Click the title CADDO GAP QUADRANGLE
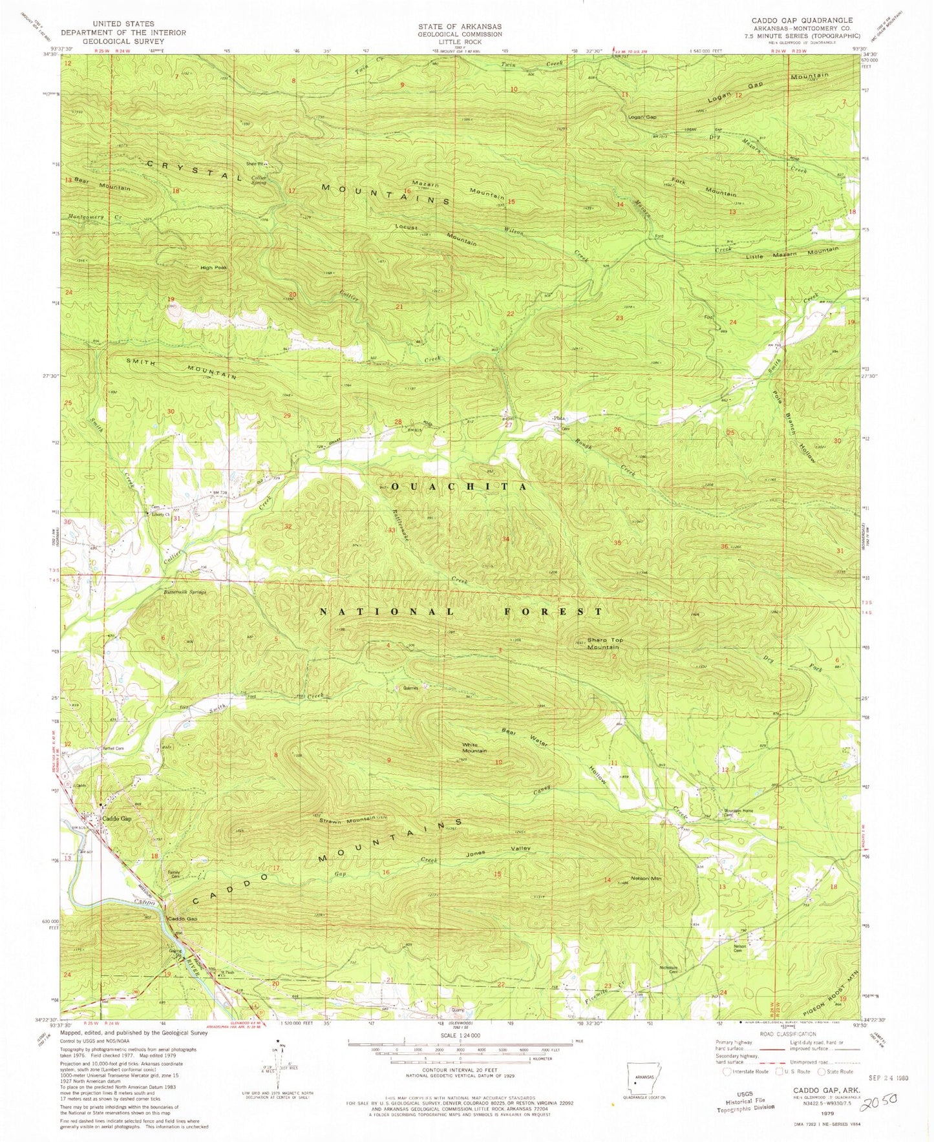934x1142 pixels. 801,20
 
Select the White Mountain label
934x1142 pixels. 474,748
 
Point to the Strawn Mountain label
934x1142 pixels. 347,819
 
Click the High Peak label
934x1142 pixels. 213,267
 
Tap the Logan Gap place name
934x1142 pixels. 642,117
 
